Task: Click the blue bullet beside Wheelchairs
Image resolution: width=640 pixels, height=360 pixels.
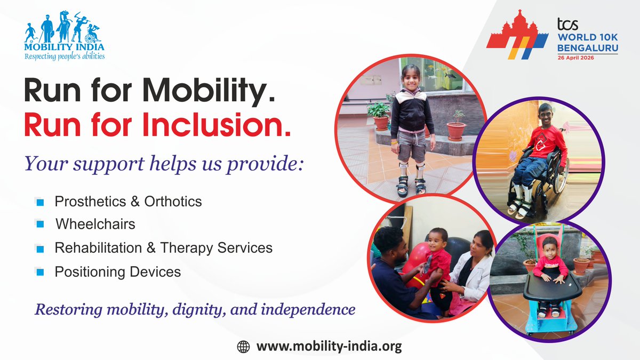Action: coord(39,225)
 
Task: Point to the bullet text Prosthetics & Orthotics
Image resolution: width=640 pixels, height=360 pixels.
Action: coord(128,201)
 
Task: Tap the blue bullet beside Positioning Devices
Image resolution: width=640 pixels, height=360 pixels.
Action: coord(39,273)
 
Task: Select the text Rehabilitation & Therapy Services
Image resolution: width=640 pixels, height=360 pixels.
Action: coord(163,248)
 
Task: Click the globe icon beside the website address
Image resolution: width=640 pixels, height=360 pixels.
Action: coord(243,347)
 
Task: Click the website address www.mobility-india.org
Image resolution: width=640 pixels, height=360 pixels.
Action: coord(329,347)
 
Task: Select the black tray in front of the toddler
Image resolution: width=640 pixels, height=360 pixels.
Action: coord(552,289)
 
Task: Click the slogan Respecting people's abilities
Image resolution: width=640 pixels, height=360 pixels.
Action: coord(65,56)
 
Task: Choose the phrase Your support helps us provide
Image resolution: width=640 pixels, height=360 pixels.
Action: coord(164,164)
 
